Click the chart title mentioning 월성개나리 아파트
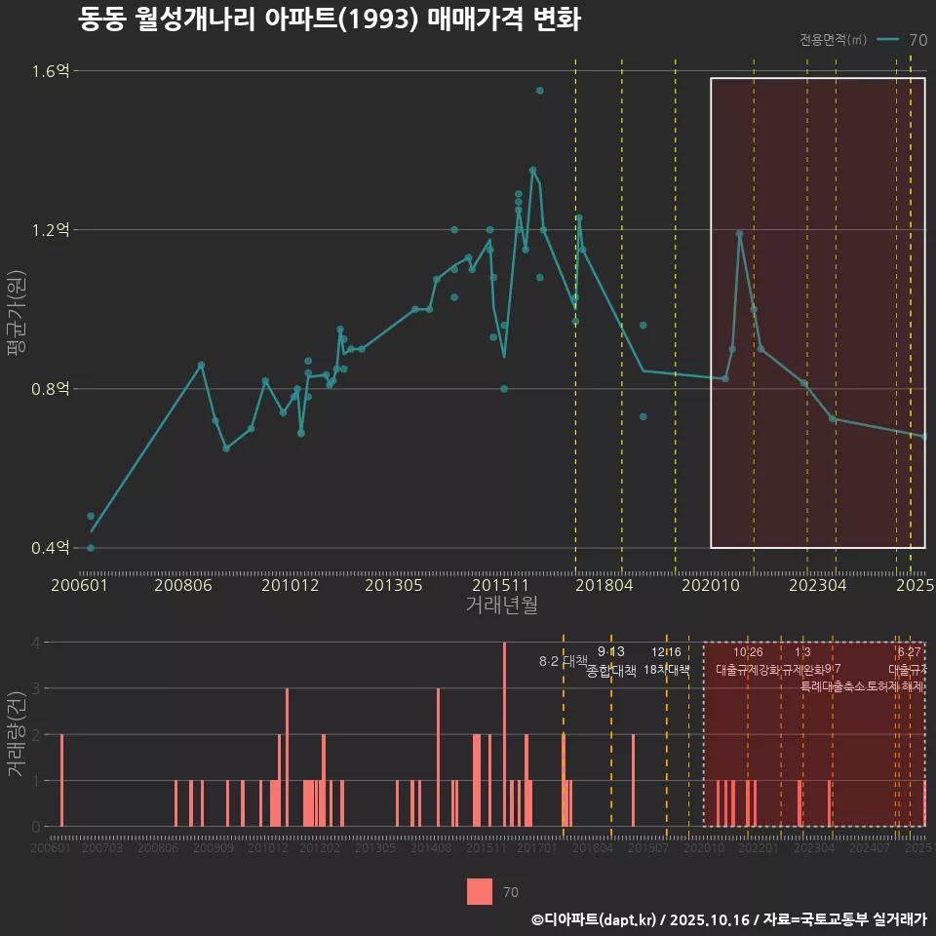point(329,19)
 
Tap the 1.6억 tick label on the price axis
point(50,71)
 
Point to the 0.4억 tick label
point(50,548)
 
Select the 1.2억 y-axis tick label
point(50,230)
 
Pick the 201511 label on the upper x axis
point(499,586)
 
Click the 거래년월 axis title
point(500,605)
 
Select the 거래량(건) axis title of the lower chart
point(17,734)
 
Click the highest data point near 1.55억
point(539,91)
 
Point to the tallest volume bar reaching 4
point(504,734)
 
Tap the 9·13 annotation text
point(611,651)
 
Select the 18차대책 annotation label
point(667,670)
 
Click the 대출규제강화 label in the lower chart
point(748,670)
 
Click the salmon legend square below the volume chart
point(480,891)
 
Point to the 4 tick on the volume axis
point(35,643)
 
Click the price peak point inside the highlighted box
point(739,234)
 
